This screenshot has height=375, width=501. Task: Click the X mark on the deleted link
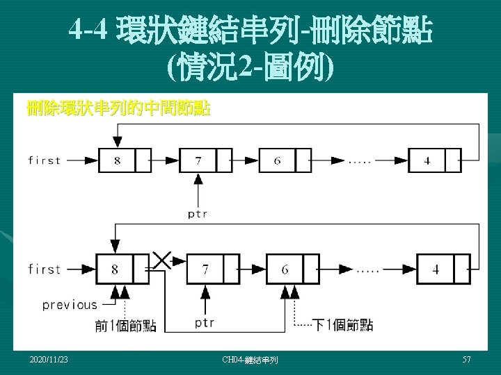click(161, 260)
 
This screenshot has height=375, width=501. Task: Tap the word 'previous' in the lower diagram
click(70, 304)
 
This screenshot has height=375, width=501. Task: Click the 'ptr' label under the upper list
click(197, 214)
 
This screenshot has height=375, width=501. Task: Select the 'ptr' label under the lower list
click(205, 323)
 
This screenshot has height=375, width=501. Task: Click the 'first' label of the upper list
click(44, 160)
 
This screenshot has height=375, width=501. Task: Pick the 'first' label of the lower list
click(44, 269)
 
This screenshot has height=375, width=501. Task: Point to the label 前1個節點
click(126, 325)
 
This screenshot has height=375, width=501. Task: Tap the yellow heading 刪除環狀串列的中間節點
click(118, 109)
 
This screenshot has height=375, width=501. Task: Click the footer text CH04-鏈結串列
click(250, 360)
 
